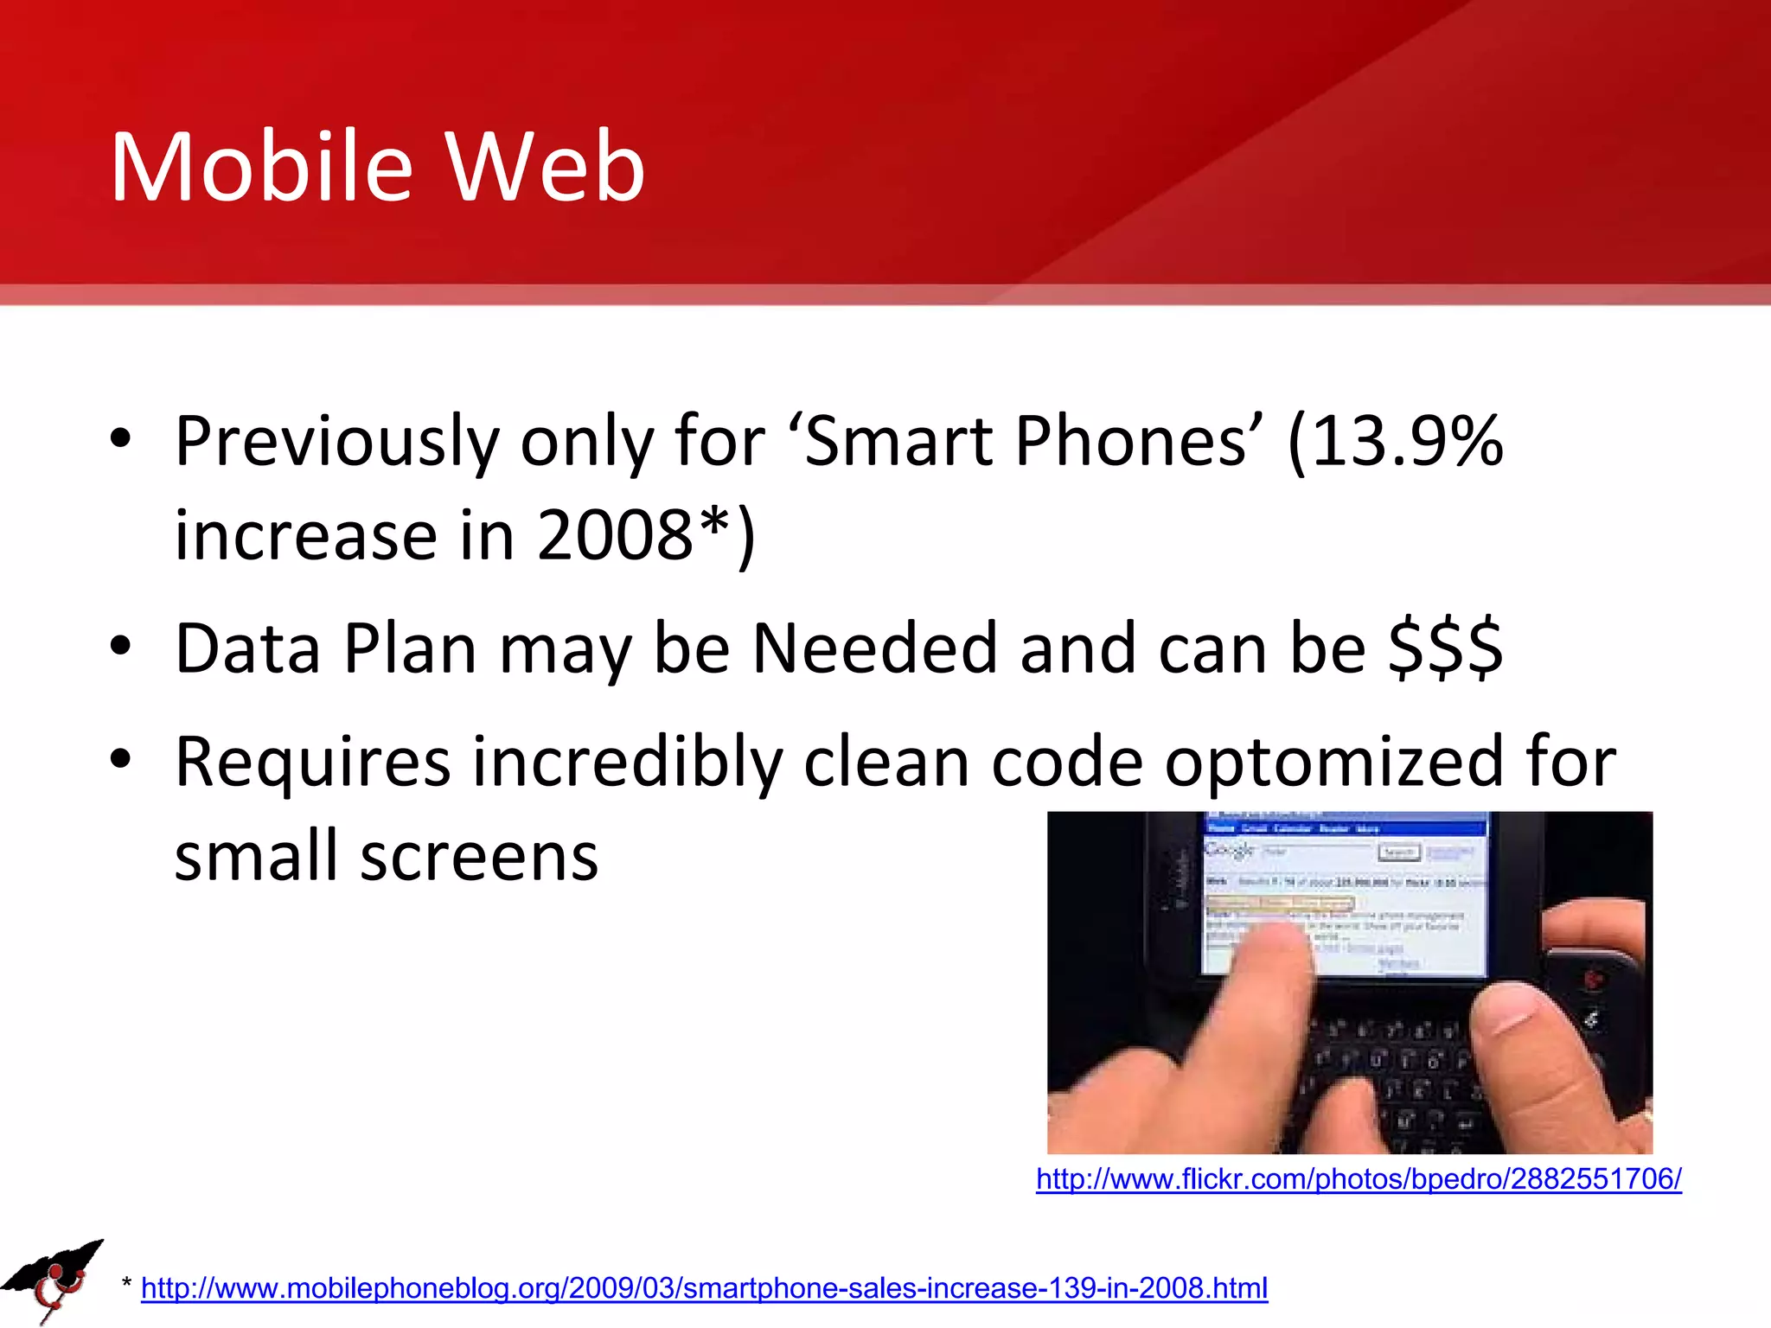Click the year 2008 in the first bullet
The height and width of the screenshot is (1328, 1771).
615,534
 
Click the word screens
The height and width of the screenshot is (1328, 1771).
479,856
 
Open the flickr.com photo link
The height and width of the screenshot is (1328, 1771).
1359,1178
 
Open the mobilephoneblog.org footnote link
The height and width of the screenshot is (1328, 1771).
704,1288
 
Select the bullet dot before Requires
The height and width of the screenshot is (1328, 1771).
120,758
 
